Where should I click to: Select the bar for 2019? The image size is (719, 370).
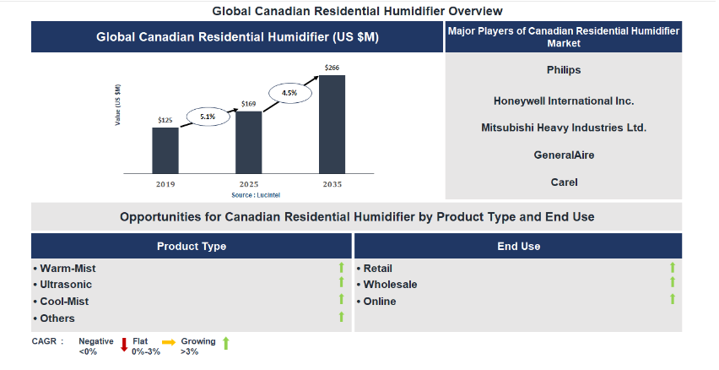[x=165, y=150]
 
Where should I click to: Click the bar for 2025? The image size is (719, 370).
[x=249, y=142]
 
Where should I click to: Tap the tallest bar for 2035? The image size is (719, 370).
[x=332, y=124]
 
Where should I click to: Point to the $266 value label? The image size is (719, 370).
[x=332, y=68]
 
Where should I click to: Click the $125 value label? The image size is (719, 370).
[x=165, y=120]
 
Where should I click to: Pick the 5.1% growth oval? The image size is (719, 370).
[x=208, y=117]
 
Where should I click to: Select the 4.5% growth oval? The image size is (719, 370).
[x=289, y=93]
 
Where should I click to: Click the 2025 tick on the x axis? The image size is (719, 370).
[x=249, y=184]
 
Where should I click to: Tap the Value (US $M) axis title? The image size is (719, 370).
[x=118, y=105]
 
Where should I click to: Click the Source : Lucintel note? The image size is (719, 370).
[x=256, y=195]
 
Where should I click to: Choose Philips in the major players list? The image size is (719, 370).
[x=564, y=70]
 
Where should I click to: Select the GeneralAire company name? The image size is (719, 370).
[x=564, y=155]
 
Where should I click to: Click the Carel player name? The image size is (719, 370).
[x=564, y=182]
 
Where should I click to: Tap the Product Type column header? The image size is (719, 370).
[x=192, y=246]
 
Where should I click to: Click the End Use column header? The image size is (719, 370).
[x=518, y=246]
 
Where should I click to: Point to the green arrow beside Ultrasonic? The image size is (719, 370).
[x=341, y=282]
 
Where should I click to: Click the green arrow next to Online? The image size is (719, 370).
[x=673, y=299]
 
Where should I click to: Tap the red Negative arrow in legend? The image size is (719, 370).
[x=124, y=345]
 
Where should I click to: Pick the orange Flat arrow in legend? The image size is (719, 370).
[x=169, y=342]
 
